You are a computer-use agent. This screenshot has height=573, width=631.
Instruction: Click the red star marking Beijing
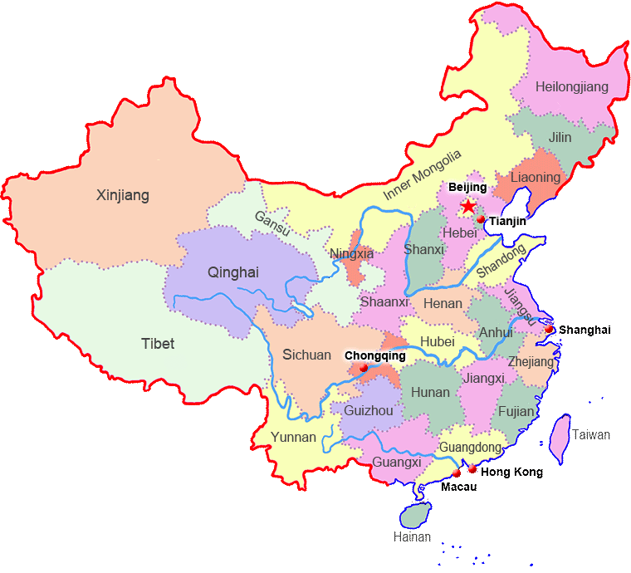pyautogui.click(x=469, y=206)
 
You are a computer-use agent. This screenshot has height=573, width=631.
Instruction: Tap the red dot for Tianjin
pyautogui.click(x=481, y=219)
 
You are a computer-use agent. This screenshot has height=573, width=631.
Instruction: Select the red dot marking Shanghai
pyautogui.click(x=549, y=330)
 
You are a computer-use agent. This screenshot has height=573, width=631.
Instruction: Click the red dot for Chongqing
pyautogui.click(x=364, y=368)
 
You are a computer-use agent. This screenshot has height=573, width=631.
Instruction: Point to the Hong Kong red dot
pyautogui.click(x=472, y=469)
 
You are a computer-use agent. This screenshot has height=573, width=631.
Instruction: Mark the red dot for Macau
pyautogui.click(x=456, y=473)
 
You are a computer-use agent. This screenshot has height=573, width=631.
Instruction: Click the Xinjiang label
pyautogui.click(x=123, y=196)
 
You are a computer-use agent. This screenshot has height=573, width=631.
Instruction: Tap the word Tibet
pyautogui.click(x=158, y=343)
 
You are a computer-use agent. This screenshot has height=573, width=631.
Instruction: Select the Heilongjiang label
pyautogui.click(x=572, y=87)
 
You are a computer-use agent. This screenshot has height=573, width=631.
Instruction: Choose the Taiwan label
pyautogui.click(x=591, y=434)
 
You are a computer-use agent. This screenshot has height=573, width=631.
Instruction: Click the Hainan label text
pyautogui.click(x=412, y=537)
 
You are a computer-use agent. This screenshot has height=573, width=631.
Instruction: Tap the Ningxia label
pyautogui.click(x=351, y=253)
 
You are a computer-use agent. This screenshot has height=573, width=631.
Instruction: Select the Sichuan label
pyautogui.click(x=306, y=355)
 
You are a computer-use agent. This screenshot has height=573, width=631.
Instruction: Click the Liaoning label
pyautogui.click(x=536, y=178)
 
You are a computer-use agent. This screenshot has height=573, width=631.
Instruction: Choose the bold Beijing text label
pyautogui.click(x=467, y=188)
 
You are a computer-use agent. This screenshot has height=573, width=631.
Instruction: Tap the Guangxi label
pyautogui.click(x=397, y=462)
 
